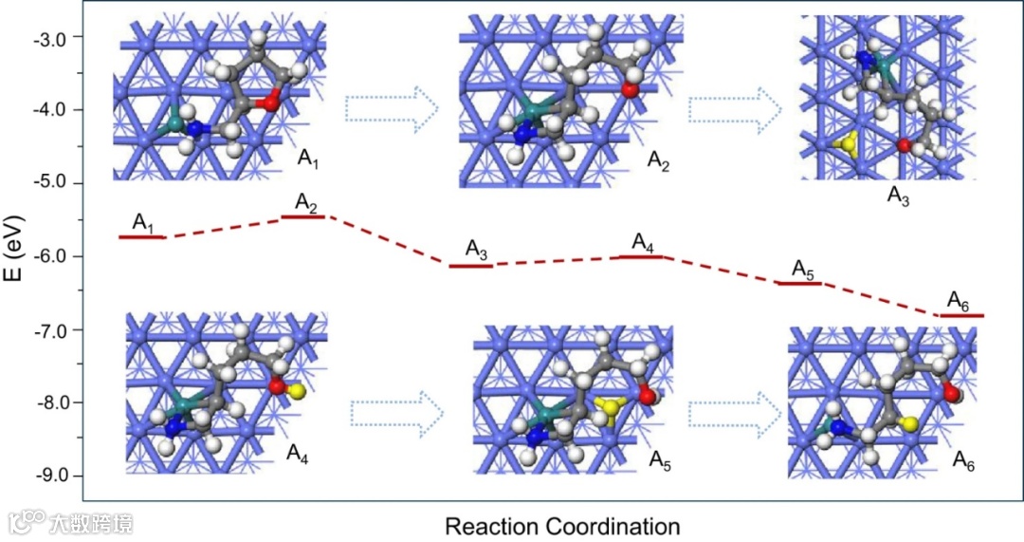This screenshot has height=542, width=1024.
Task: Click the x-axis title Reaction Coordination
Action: click(x=562, y=526)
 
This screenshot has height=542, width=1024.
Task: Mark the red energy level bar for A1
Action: click(x=142, y=236)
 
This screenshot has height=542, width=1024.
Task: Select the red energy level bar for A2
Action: click(x=303, y=216)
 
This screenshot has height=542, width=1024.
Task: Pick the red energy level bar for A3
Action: click(x=471, y=266)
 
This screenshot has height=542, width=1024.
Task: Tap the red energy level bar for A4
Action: click(x=640, y=256)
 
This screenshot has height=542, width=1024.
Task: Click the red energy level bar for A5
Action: click(x=798, y=283)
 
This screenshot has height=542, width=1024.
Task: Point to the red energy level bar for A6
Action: click(x=961, y=315)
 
